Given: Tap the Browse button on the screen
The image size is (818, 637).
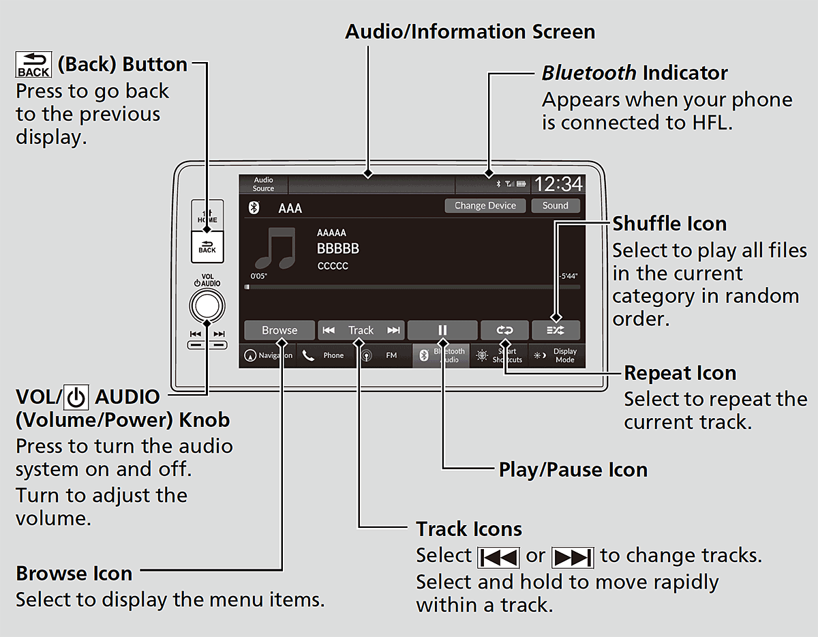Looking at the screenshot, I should pyautogui.click(x=279, y=330).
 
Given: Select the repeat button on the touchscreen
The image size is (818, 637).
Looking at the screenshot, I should pyautogui.click(x=504, y=330).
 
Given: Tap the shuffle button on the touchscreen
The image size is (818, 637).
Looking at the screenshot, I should pyautogui.click(x=556, y=330).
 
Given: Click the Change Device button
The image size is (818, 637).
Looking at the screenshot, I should pyautogui.click(x=485, y=205).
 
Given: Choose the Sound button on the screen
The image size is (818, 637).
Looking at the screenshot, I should pyautogui.click(x=555, y=205).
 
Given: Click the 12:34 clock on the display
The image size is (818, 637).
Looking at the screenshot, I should pyautogui.click(x=558, y=184).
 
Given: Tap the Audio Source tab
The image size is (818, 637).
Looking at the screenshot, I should pyautogui.click(x=263, y=184).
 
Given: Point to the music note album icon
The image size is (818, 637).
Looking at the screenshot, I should pyautogui.click(x=275, y=246).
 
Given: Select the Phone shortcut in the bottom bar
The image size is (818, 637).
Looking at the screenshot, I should pyautogui.click(x=324, y=355).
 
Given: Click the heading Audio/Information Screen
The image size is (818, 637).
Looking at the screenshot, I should pyautogui.click(x=470, y=32).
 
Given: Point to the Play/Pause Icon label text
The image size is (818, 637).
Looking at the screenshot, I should pyautogui.click(x=573, y=470).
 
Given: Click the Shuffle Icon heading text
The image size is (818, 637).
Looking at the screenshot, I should pyautogui.click(x=669, y=224).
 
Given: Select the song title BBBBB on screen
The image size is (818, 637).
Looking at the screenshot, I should pyautogui.click(x=337, y=249).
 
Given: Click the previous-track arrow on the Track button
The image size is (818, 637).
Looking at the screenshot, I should pyautogui.click(x=329, y=330).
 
